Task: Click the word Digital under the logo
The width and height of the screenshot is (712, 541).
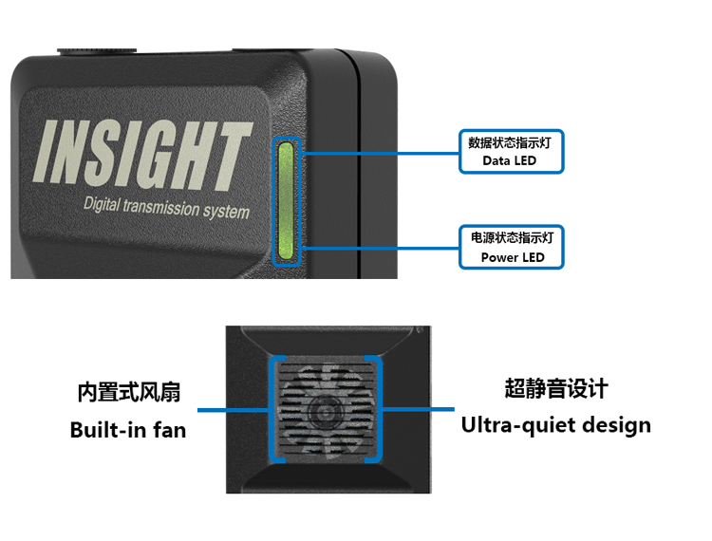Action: (107, 204)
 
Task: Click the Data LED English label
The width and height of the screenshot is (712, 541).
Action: (509, 161)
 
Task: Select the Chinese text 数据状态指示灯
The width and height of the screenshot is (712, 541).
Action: (510, 142)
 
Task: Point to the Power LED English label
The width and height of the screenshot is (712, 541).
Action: (513, 257)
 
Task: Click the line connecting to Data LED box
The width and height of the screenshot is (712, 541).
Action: (380, 150)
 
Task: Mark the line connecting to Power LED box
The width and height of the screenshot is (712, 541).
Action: (380, 247)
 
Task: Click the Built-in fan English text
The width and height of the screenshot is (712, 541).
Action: (128, 430)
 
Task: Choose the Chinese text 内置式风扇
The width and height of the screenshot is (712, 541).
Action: (128, 392)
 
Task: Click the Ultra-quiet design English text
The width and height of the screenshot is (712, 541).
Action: (556, 424)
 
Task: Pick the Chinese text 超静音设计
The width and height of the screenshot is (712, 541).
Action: (556, 388)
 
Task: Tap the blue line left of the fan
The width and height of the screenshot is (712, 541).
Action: (233, 411)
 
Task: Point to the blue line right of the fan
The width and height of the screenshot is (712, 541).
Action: (419, 409)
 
